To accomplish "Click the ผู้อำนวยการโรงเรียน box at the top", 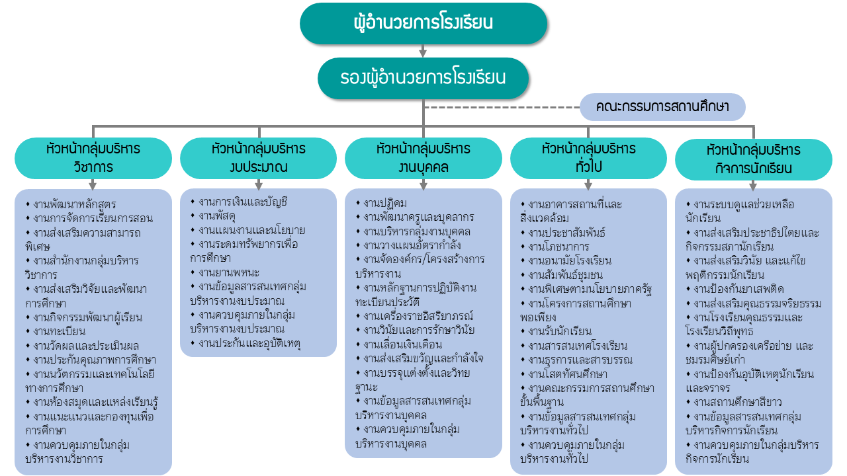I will coord(423,24).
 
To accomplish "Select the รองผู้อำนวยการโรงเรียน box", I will coord(423,78).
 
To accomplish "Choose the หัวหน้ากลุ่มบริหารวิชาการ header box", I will coord(93,158).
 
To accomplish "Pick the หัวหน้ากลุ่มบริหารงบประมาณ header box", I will coord(258,158).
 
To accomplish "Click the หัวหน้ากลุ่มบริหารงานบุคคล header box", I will coord(423,158).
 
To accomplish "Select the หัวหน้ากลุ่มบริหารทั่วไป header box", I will coord(588,158).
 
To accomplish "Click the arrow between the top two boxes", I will coord(423,51).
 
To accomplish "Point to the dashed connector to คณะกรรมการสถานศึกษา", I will coord(503,107).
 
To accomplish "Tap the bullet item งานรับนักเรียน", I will coord(560,331).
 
